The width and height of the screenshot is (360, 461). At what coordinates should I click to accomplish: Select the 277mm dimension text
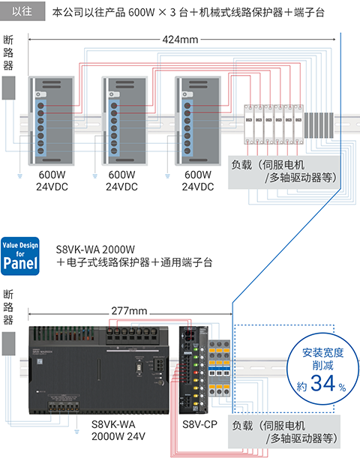tap(128, 310)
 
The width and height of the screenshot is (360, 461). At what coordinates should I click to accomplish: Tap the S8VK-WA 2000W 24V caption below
tap(119, 430)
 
